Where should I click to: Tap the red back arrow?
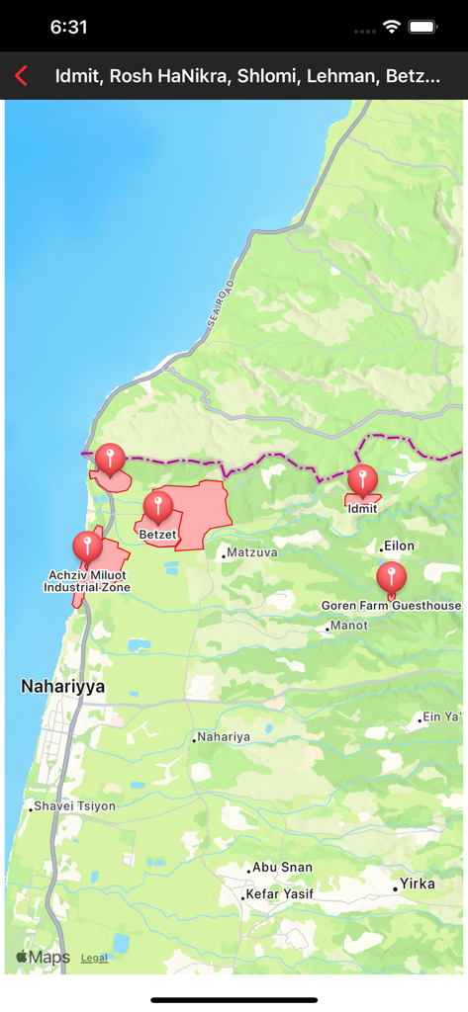pos(21,76)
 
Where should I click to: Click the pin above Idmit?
pos(362,480)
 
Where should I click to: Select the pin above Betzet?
pos(157,508)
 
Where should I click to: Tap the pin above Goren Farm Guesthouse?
pos(391,578)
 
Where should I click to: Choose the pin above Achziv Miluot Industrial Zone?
pos(87,547)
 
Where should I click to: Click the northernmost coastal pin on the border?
pos(110,460)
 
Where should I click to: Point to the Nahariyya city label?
pos(62,686)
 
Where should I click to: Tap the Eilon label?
pos(400,546)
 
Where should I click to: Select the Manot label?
pos(349,626)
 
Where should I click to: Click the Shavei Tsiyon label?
pos(74,806)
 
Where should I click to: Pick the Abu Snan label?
pos(282,867)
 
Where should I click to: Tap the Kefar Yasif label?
pos(279,894)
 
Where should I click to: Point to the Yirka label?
pos(417,884)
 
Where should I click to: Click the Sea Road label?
pos(221,302)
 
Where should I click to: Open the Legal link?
pos(94,958)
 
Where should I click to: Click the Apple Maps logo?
pos(43,957)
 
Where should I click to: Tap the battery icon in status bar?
pos(422,27)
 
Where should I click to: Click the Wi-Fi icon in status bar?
pos(392,27)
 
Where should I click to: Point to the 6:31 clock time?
pos(68,28)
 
